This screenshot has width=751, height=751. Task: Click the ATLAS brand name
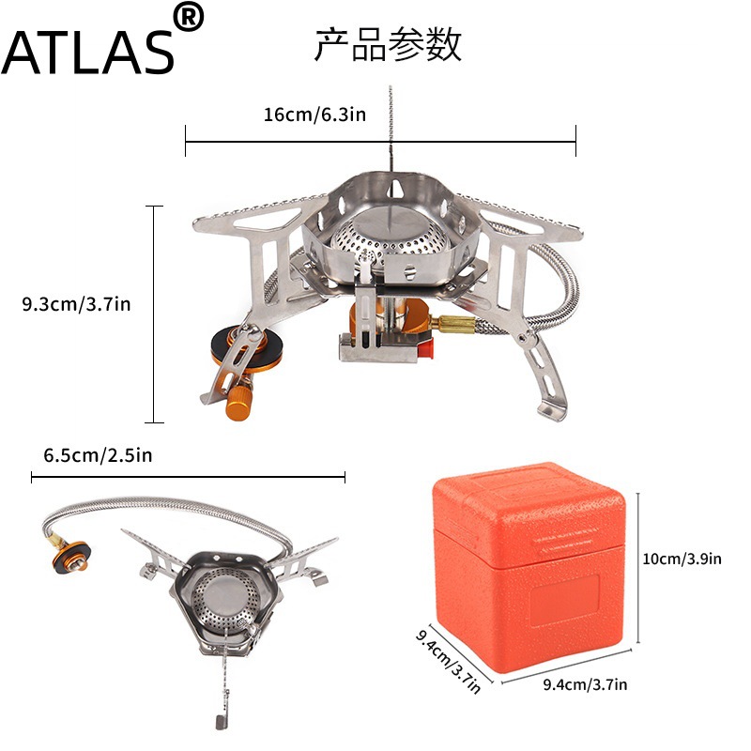click(x=87, y=53)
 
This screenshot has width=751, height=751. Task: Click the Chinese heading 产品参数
click(x=388, y=44)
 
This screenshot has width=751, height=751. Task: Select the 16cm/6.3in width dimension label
click(x=314, y=115)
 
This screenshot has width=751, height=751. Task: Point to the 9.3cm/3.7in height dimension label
click(x=76, y=304)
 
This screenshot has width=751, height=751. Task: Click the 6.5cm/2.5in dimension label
click(x=98, y=455)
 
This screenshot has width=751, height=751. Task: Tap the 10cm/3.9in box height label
click(x=682, y=559)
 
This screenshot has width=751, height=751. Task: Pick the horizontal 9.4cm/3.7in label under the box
click(x=585, y=684)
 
